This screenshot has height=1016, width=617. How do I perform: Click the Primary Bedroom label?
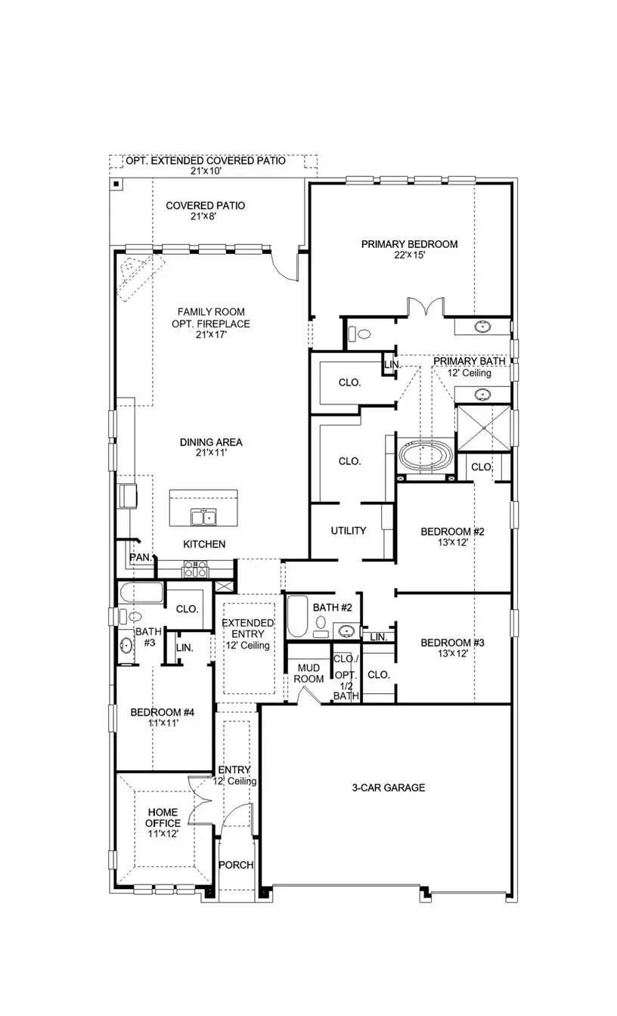point(409,244)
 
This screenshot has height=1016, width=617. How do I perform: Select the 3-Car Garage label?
point(389,788)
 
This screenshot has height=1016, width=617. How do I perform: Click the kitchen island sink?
point(203,517)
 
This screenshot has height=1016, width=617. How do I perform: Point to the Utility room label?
point(349,531)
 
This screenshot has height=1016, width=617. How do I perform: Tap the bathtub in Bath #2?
point(297,616)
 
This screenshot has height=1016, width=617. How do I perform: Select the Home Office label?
point(163,818)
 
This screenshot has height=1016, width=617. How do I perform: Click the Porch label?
point(236,866)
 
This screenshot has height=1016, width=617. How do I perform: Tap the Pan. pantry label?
point(140,557)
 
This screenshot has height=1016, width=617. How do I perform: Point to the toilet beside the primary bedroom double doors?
point(361,333)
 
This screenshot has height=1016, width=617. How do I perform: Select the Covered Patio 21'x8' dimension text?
point(205,217)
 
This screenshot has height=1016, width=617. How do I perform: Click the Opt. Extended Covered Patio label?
point(205,161)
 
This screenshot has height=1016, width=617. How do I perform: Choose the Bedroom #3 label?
point(452,643)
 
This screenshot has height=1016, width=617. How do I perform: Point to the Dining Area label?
point(211,443)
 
